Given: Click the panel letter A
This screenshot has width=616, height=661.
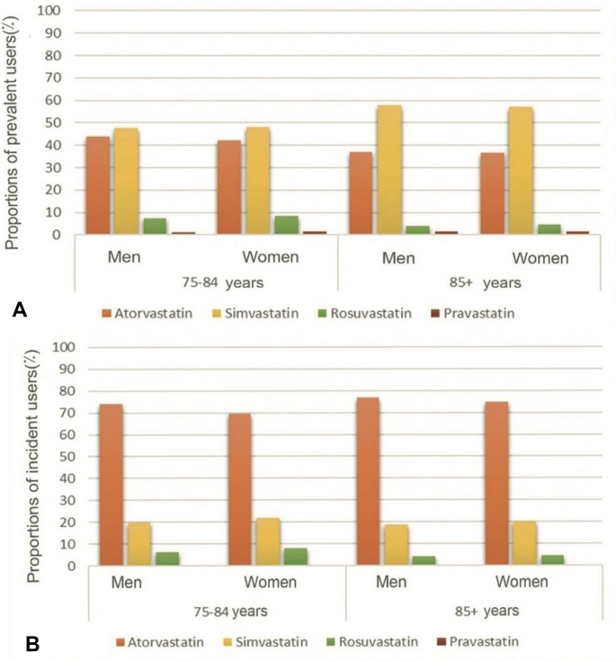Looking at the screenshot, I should click(19, 309).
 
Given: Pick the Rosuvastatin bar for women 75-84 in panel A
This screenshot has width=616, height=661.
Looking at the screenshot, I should click(286, 225).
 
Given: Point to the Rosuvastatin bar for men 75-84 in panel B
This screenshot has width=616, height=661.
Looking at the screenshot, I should click(168, 558).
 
